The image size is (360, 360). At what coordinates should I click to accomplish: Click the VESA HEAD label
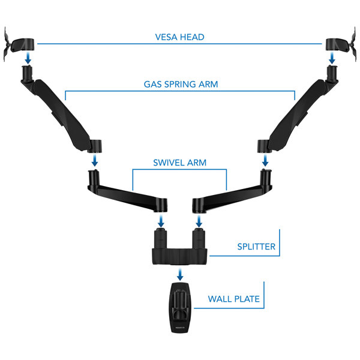179,37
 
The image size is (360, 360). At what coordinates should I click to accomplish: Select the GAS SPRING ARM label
181,84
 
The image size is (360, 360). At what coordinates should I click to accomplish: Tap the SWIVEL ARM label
179,163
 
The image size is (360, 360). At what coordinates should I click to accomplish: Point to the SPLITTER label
256,247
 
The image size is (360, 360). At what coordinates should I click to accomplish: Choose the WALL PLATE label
234,299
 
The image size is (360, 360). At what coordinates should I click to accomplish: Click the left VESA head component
19,44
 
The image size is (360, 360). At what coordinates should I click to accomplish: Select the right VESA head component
341,44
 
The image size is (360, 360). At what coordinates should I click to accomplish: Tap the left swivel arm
127,193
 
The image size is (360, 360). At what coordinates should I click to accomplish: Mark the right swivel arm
232,193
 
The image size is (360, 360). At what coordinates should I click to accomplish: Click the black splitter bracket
180,246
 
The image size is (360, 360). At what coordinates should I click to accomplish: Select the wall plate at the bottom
180,308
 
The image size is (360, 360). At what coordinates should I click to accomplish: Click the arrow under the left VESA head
28,58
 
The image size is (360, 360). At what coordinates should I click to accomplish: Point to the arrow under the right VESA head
332,58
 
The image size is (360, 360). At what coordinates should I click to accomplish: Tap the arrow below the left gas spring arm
95,160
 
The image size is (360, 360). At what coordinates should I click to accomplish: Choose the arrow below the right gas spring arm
265,160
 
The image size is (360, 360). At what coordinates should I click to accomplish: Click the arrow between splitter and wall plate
180,274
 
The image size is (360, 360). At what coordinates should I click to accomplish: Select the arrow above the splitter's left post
161,221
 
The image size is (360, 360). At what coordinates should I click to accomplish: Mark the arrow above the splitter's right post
199,221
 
